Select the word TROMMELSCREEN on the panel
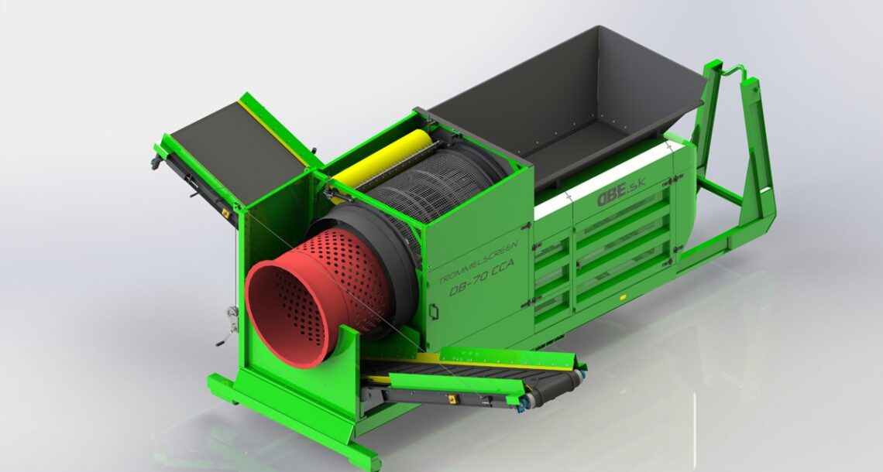tap(478, 262)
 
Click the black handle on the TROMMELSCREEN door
tap(435, 312)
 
